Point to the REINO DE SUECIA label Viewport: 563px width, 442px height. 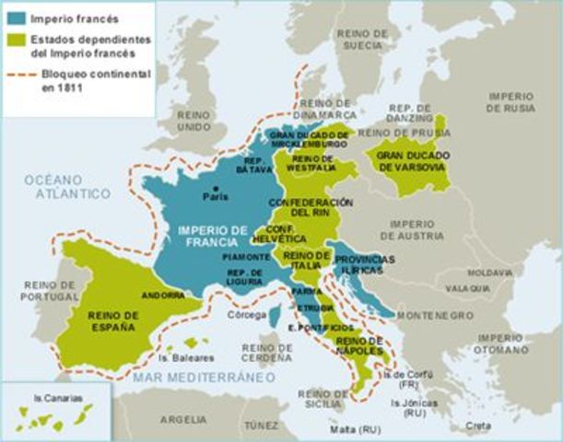(362, 38)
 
